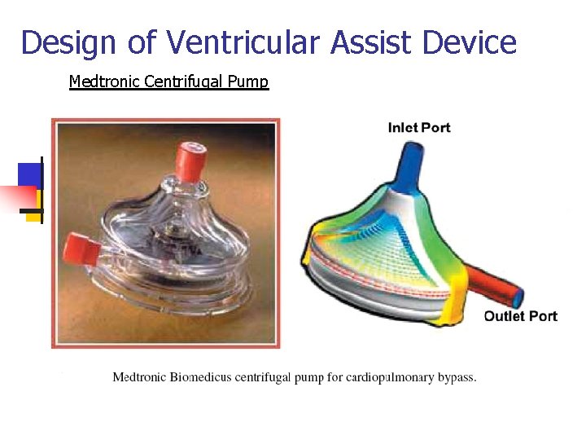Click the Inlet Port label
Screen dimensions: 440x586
(x=419, y=128)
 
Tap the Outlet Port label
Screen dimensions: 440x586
(x=520, y=316)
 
